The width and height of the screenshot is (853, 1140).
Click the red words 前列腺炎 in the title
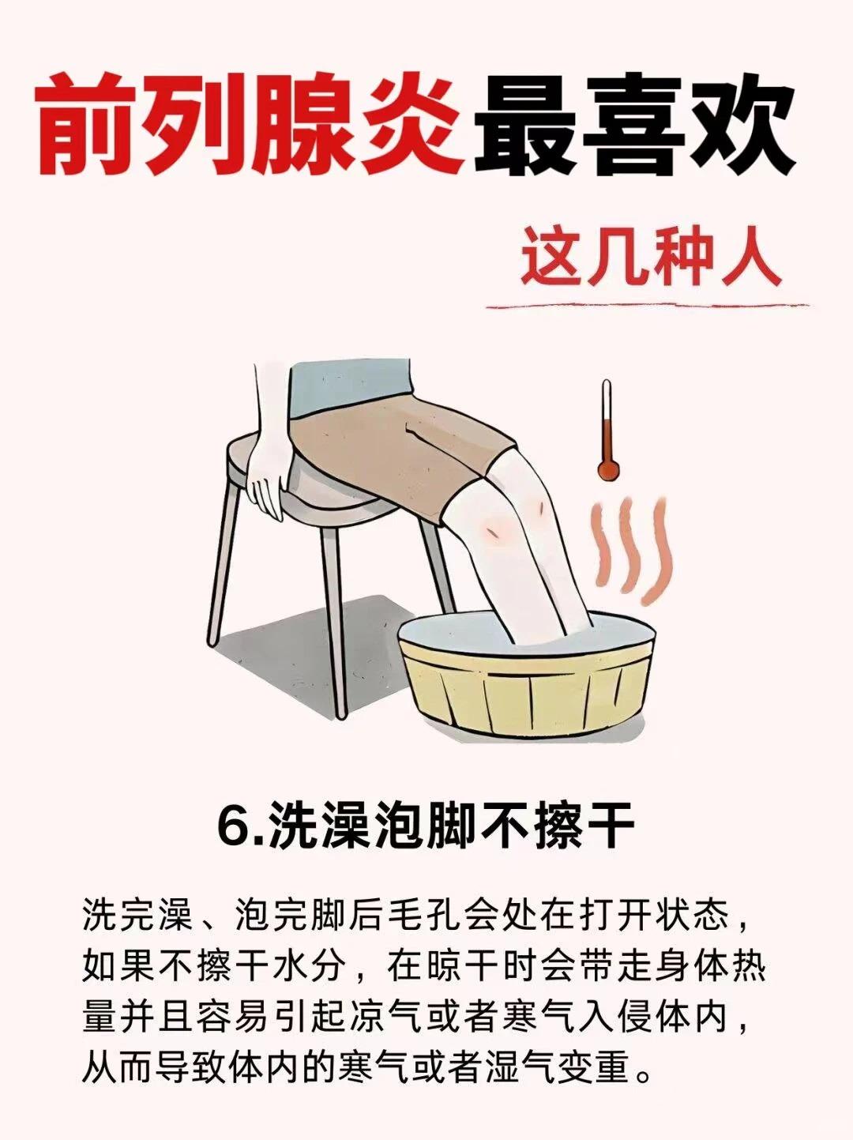pyautogui.click(x=250, y=128)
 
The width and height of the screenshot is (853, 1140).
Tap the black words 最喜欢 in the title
pyautogui.click(x=634, y=128)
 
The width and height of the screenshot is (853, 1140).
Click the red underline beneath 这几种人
pyautogui.click(x=648, y=307)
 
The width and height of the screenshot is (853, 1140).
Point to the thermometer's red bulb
pyautogui.click(x=608, y=470)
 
